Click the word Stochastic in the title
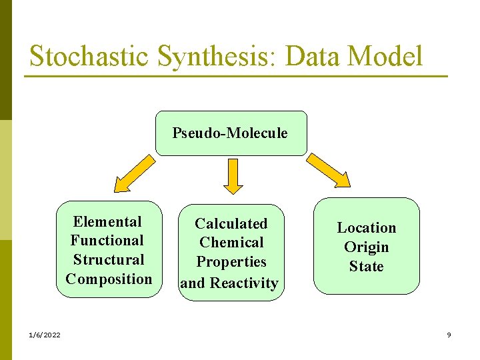click(x=89, y=56)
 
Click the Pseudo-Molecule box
click(x=230, y=133)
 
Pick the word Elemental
click(x=107, y=221)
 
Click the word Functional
click(x=107, y=240)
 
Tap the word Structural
click(x=109, y=259)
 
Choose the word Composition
click(x=109, y=279)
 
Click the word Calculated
click(x=231, y=223)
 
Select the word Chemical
click(x=231, y=242)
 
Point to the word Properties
click(x=231, y=262)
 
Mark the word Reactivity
click(x=244, y=283)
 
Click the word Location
click(x=366, y=227)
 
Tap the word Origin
click(x=366, y=247)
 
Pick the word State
click(x=366, y=267)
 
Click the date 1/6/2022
click(x=44, y=335)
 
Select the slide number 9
click(x=449, y=335)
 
